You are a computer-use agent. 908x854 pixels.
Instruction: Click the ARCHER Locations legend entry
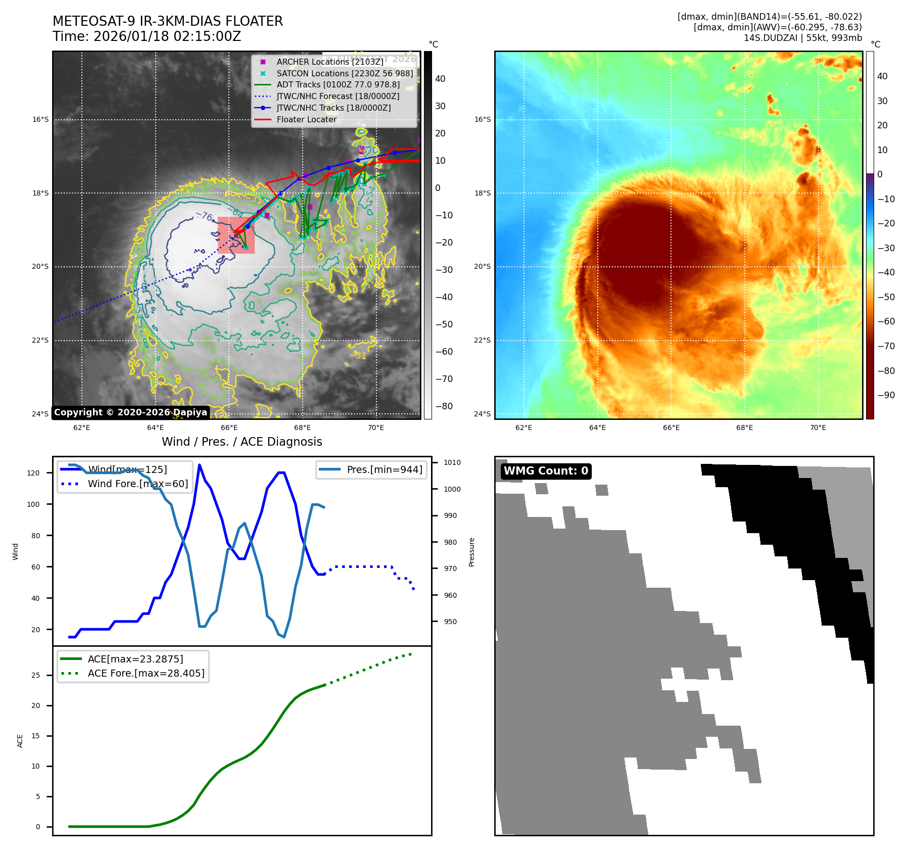329,62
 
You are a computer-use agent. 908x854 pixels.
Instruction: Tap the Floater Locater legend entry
306,119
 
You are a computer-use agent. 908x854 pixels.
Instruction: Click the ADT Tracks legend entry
338,84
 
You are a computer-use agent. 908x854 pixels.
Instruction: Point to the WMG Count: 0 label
546,471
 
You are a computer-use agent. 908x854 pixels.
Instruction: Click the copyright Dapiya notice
130,412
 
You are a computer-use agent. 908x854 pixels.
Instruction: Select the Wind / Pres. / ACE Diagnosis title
242,442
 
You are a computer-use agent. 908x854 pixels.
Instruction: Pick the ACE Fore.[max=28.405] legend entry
146,673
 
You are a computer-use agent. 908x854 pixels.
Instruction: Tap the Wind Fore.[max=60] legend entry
137,484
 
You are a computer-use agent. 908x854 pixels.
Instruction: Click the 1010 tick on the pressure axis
452,462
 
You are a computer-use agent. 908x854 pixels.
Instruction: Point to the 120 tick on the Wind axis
33,473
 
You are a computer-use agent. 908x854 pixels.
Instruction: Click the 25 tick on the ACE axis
35,675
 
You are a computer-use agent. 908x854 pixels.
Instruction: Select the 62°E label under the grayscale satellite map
82,428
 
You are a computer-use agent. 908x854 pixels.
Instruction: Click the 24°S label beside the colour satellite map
482,414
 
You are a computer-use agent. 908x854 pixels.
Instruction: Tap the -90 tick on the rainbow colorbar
886,395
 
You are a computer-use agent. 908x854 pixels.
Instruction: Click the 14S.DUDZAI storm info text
802,38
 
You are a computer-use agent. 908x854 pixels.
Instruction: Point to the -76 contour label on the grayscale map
204,216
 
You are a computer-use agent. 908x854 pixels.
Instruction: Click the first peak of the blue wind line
199,465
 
